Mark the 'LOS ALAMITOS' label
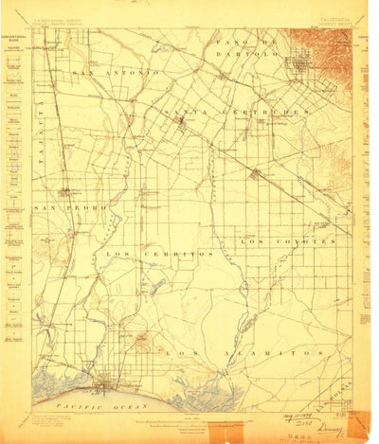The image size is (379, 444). [226, 351]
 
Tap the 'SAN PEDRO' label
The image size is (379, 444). [55, 206]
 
